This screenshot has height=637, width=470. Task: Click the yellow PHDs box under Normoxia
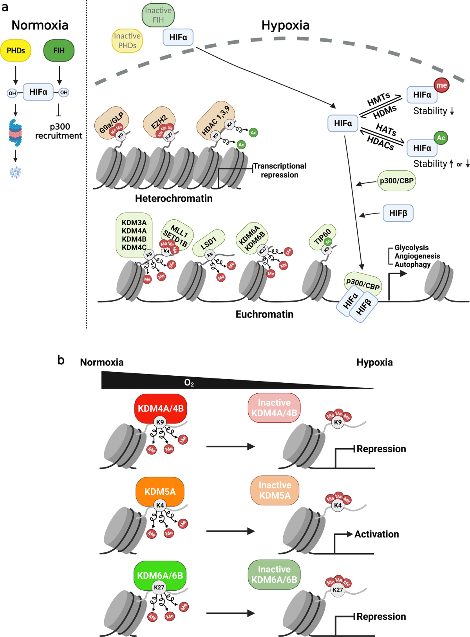[x=16, y=51]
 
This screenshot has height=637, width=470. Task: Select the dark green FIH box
[x=59, y=51]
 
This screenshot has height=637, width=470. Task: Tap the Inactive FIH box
[x=158, y=15]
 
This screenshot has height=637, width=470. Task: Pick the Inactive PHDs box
[x=127, y=40]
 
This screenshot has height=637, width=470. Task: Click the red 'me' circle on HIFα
[x=441, y=85]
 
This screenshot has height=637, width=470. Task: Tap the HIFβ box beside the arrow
[x=398, y=213]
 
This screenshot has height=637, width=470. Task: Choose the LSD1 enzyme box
[x=209, y=242]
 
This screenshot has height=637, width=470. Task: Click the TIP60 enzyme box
[x=322, y=237]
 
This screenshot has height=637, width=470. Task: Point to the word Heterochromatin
[x=174, y=199]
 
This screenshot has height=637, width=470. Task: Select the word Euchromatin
[x=264, y=314]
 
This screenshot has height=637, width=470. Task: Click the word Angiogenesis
[x=417, y=256]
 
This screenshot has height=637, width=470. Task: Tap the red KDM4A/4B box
[x=161, y=409]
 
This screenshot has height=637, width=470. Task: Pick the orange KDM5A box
[x=160, y=492]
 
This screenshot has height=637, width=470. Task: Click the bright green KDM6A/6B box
[x=160, y=575]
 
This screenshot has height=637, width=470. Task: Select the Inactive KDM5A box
[x=275, y=490]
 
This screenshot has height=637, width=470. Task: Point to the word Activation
[x=376, y=534]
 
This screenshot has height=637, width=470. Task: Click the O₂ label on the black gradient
[x=189, y=383]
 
